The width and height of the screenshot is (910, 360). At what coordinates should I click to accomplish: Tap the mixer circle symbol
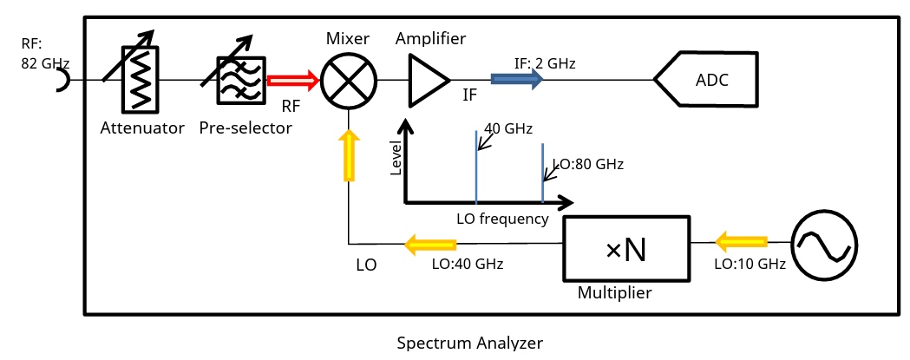click(349, 81)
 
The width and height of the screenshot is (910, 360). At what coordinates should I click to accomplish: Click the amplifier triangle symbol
click(427, 80)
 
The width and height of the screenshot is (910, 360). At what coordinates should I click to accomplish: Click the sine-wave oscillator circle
click(823, 247)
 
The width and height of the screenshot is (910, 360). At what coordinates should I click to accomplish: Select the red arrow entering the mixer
click(293, 81)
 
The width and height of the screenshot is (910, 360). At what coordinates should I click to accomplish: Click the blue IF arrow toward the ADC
click(517, 80)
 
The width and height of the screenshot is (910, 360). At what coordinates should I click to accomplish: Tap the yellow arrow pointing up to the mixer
click(349, 155)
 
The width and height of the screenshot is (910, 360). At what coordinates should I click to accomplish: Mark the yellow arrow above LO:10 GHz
click(741, 240)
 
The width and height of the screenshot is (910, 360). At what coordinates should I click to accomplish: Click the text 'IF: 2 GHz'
click(545, 63)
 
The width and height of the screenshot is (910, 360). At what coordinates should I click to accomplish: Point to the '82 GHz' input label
click(46, 63)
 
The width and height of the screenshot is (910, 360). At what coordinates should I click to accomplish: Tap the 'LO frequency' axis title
click(502, 219)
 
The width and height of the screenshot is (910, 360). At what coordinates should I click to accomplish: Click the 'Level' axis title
click(396, 159)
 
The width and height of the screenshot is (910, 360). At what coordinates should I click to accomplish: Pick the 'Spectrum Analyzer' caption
click(469, 343)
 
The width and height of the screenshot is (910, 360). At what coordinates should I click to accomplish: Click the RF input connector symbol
click(63, 81)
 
